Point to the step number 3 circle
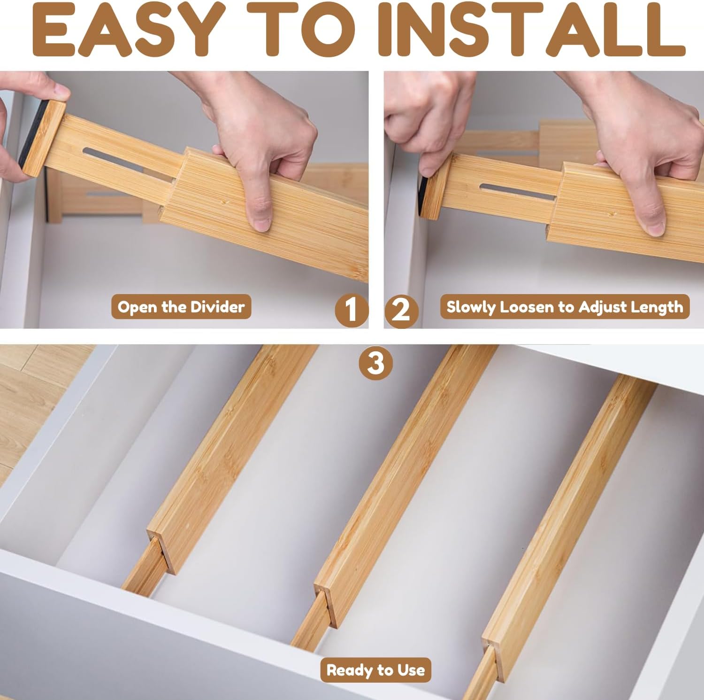coord(375,363)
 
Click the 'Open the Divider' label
coord(181,307)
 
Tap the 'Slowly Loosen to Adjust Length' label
coord(565,307)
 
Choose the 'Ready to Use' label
coord(375,670)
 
